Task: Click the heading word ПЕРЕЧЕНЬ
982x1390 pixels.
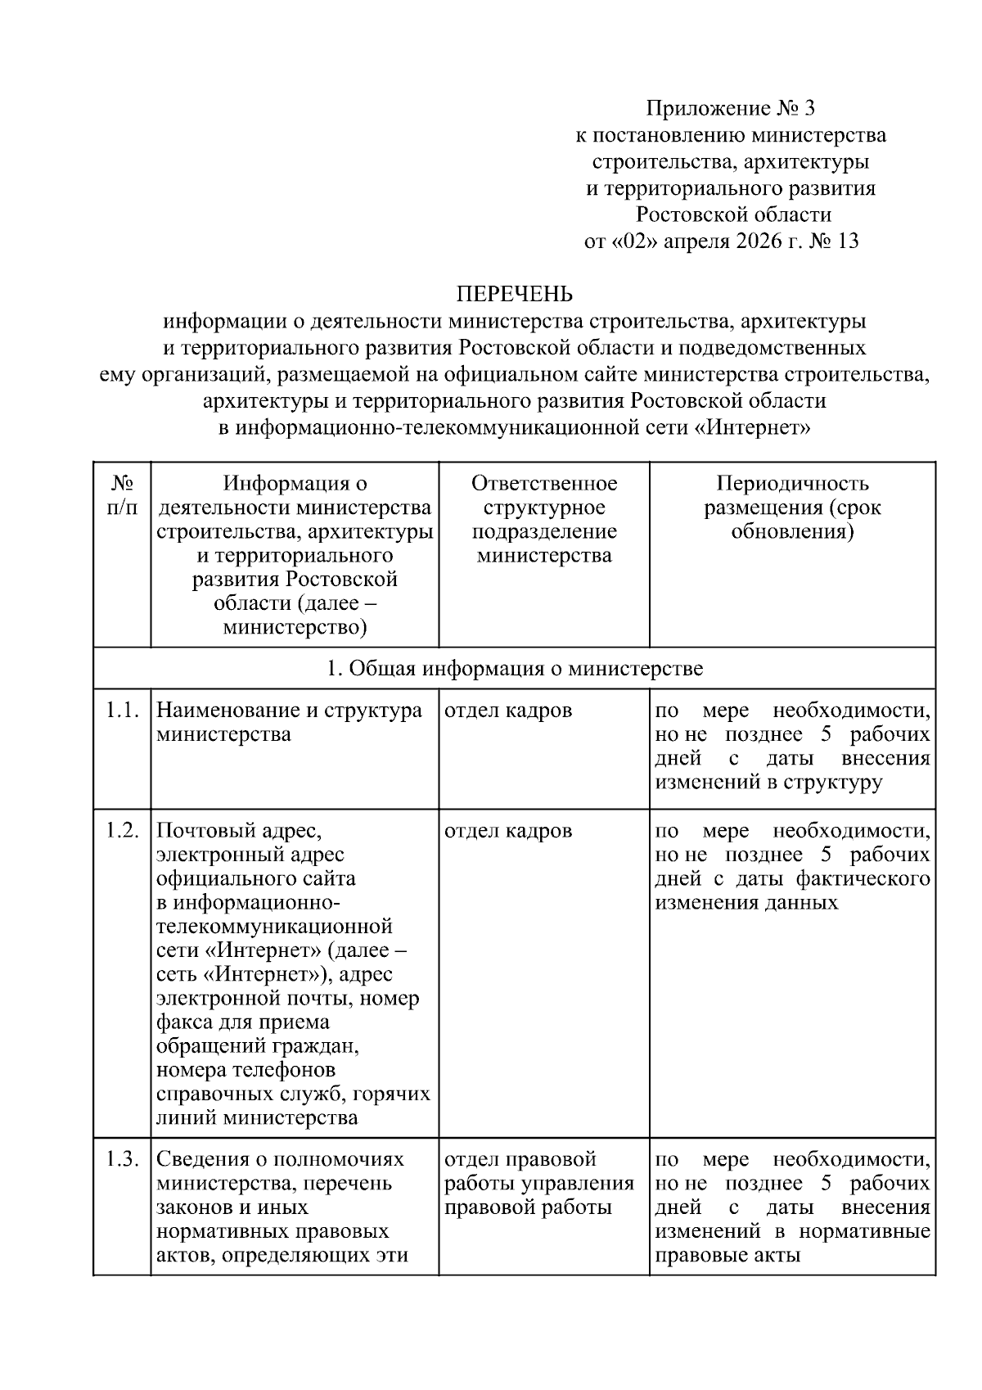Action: [x=514, y=294]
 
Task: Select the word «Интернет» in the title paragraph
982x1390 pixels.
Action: [x=757, y=428]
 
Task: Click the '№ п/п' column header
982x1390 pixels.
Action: [x=122, y=495]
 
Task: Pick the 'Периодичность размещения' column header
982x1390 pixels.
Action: [x=792, y=507]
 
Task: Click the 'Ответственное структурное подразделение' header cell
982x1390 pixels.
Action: [x=544, y=519]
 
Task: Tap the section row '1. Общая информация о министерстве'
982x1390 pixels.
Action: [x=514, y=669]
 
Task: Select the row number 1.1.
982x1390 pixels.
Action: [x=123, y=711]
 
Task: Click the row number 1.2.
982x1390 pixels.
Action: [x=123, y=831]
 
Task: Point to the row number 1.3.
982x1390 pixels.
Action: [x=123, y=1160]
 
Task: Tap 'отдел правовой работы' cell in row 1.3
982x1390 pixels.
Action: [x=538, y=1184]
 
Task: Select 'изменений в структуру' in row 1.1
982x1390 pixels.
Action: [x=768, y=782]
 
